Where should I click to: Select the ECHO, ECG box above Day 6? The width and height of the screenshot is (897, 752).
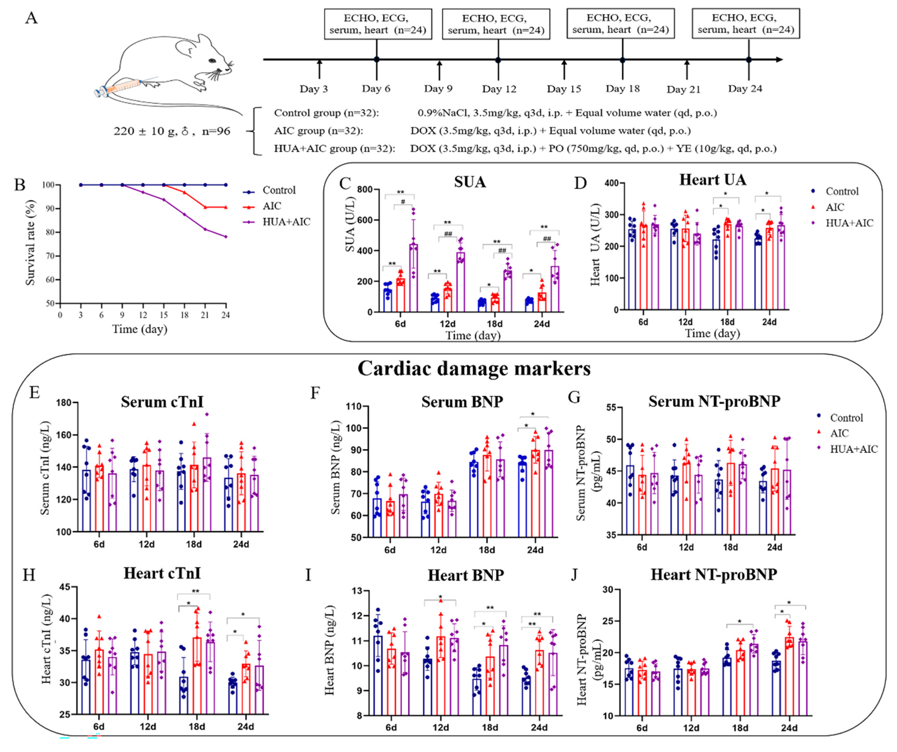click(x=378, y=24)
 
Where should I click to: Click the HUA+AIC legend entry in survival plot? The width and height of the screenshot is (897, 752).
click(x=286, y=222)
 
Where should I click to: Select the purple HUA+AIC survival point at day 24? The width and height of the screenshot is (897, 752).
click(x=226, y=237)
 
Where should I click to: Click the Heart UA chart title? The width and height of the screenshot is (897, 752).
click(x=713, y=180)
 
